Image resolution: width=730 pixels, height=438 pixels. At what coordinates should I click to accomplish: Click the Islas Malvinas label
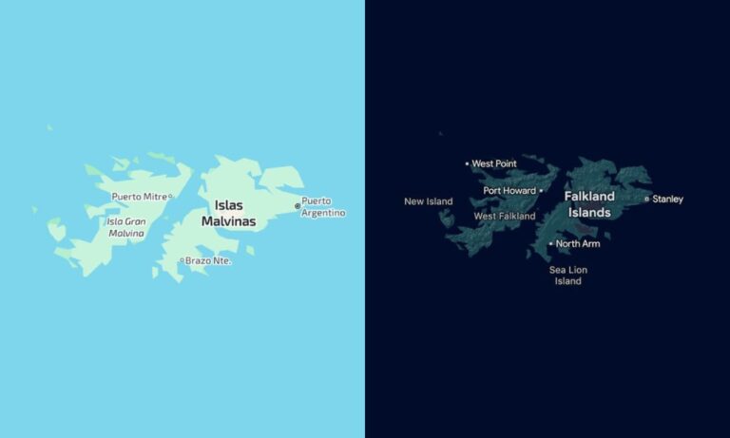point(228,213)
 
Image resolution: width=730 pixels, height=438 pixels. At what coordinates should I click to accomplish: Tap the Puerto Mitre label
point(139,197)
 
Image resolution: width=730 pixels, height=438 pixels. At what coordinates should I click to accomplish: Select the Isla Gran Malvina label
point(126,227)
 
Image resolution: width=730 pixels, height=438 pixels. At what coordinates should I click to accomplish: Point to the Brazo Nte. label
point(208,260)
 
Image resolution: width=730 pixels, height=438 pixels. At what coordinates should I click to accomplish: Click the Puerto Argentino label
point(323,207)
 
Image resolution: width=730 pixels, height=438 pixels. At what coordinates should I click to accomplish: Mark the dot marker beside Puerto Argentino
point(298,205)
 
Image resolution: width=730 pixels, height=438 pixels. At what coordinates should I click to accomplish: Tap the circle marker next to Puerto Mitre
point(170,197)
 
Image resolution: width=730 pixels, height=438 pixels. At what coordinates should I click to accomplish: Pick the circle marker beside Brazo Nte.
point(182,260)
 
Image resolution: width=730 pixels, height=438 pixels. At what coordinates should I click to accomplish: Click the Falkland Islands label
point(589,204)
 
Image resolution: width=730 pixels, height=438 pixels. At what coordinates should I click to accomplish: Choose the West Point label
point(494,163)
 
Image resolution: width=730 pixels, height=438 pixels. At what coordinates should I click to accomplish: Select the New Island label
point(428,201)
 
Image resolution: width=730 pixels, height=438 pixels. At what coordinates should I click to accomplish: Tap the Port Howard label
point(509,191)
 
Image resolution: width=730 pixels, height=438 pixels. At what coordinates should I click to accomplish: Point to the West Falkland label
point(505,217)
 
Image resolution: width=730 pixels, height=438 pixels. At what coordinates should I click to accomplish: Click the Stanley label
point(667,200)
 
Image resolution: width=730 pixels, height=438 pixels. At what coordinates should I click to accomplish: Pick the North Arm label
point(578,244)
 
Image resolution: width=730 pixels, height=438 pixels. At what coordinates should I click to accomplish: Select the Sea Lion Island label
point(568,276)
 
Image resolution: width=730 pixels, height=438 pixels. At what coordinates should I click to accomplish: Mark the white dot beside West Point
point(467,163)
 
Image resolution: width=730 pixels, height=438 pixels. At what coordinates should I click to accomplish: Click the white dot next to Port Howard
point(541,191)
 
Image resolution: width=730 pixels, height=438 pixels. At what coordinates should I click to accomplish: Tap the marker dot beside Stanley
point(647,200)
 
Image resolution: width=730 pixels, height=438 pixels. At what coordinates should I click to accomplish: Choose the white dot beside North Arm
point(550,244)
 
